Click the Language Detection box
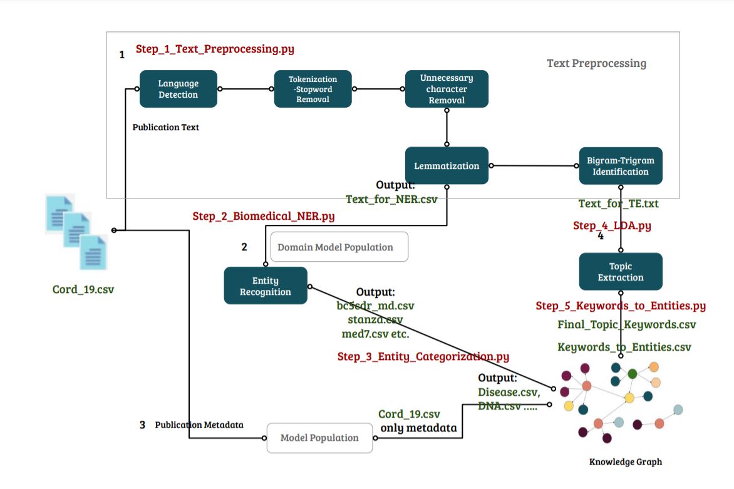(x=178, y=89)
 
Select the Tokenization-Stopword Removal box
(x=313, y=89)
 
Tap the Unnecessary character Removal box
(x=447, y=89)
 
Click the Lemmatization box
(x=447, y=166)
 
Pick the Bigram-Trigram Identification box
(x=620, y=166)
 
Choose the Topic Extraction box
(x=620, y=272)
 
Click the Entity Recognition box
(x=266, y=286)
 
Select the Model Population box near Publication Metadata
(x=319, y=438)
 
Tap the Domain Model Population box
(x=339, y=247)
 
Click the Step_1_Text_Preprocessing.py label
(x=215, y=49)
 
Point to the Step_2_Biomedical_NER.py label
(x=263, y=217)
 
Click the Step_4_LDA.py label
(x=612, y=225)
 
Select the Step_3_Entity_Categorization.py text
(x=423, y=356)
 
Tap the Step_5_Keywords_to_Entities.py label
(x=621, y=306)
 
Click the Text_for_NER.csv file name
(x=391, y=199)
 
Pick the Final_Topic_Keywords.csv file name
(x=626, y=324)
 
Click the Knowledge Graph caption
(x=625, y=462)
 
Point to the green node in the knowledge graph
(x=633, y=374)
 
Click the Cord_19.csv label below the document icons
(x=83, y=290)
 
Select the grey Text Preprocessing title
(x=596, y=63)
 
